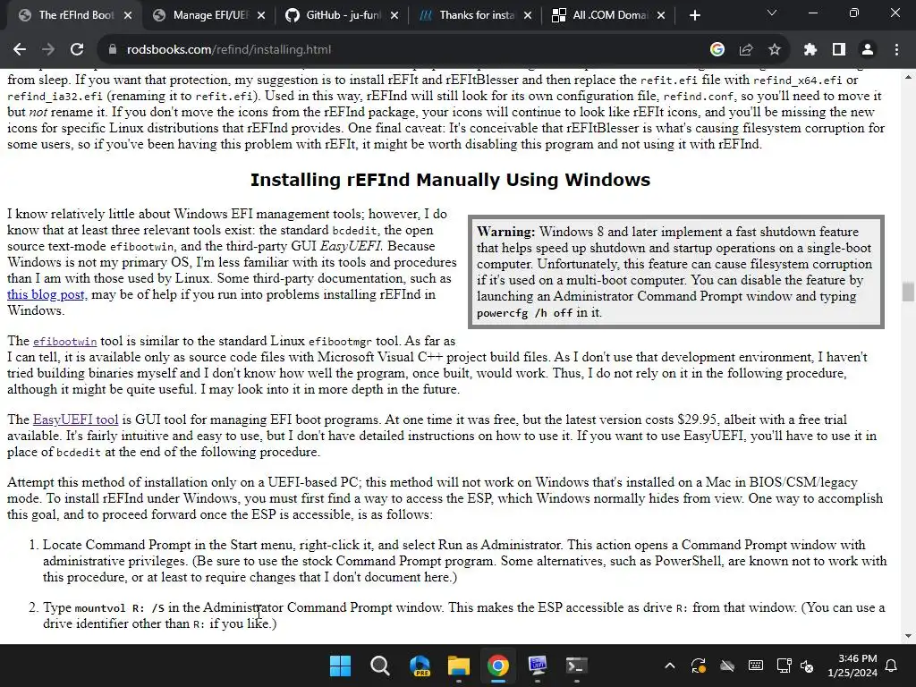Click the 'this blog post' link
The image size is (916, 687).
click(x=46, y=294)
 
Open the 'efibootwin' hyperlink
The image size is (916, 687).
click(x=64, y=342)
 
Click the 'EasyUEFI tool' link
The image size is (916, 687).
click(x=75, y=420)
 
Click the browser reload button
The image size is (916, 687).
click(x=77, y=50)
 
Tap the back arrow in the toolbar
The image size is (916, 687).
click(x=20, y=50)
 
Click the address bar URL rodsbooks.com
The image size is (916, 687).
click(x=229, y=50)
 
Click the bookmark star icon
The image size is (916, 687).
click(x=775, y=50)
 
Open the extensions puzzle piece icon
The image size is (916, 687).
click(x=810, y=50)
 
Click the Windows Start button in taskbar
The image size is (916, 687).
click(x=340, y=666)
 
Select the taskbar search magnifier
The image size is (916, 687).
click(x=379, y=666)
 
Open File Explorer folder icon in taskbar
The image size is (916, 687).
click(x=458, y=666)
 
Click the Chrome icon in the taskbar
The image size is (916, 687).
click(x=498, y=666)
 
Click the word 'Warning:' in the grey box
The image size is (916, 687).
click(x=506, y=232)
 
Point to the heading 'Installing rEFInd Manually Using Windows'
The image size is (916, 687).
click(x=450, y=180)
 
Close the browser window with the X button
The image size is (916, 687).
click(x=895, y=13)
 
